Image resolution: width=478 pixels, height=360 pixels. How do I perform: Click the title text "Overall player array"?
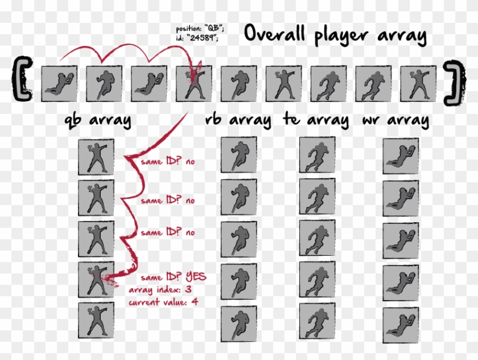pyautogui.click(x=335, y=35)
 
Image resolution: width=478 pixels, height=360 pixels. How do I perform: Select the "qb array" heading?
pyautogui.click(x=97, y=121)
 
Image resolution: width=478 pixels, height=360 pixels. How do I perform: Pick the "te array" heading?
pyautogui.click(x=316, y=121)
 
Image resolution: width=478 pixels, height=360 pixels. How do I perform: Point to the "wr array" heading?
pyautogui.click(x=395, y=121)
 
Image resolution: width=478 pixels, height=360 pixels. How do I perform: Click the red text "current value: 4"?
pyautogui.click(x=163, y=301)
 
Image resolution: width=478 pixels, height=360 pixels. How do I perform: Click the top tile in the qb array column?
pyautogui.click(x=96, y=157)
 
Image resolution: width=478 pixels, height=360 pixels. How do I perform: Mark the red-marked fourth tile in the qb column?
pyautogui.click(x=96, y=279)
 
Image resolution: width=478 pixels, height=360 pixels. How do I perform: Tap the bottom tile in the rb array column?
pyautogui.click(x=238, y=320)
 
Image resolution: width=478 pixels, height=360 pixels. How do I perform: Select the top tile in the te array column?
pyautogui.click(x=318, y=155)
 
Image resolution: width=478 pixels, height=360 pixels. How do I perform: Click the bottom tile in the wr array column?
pyautogui.click(x=400, y=321)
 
